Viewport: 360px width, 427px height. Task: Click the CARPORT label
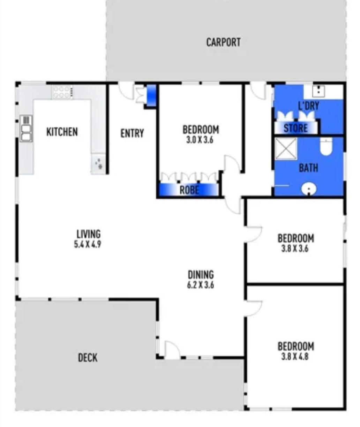click(223, 42)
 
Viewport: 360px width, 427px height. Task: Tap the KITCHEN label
click(62, 132)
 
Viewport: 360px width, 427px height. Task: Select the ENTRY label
click(132, 133)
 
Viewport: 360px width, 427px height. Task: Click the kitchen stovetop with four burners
click(62, 92)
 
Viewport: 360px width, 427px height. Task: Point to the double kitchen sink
click(26, 128)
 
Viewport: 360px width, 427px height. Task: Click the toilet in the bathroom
click(326, 146)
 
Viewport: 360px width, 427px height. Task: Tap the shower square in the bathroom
click(286, 149)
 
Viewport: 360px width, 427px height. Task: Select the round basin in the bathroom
click(309, 189)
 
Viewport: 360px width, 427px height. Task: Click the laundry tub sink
click(318, 91)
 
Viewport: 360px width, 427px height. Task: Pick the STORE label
click(296, 128)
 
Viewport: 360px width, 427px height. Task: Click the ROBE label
click(189, 190)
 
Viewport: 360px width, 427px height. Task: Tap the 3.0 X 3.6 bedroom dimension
click(200, 140)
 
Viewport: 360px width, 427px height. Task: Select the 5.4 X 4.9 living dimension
click(88, 244)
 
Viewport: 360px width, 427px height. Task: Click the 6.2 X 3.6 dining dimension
click(201, 285)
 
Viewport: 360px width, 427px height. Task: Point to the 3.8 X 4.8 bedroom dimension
click(295, 357)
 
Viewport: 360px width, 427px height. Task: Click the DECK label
click(88, 358)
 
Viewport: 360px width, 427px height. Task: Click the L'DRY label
click(308, 106)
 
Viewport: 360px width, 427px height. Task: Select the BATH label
click(308, 168)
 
